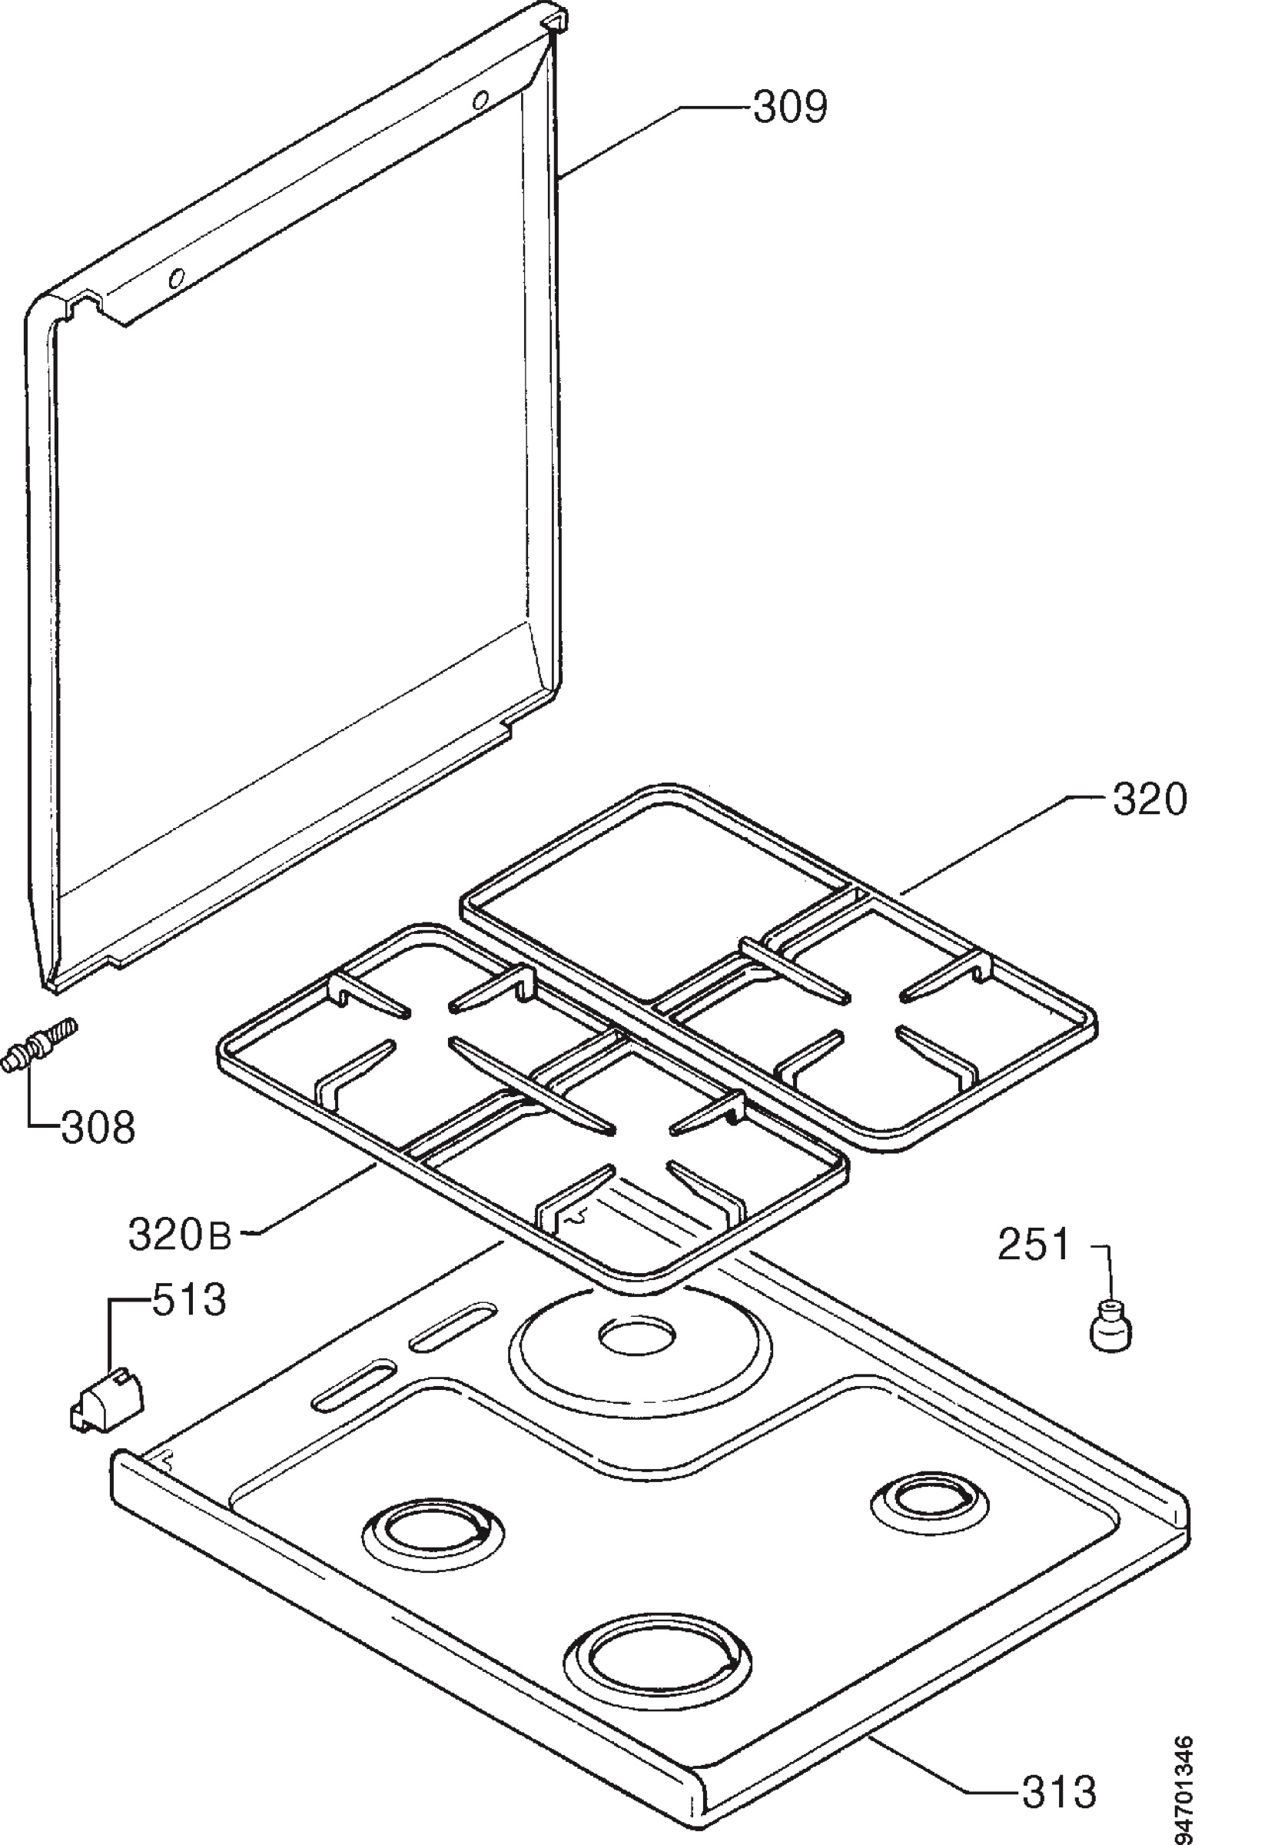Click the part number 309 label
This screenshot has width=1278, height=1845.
pyautogui.click(x=789, y=108)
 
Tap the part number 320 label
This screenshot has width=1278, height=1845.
pyautogui.click(x=1149, y=800)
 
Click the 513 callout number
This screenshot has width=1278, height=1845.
pyautogui.click(x=190, y=1301)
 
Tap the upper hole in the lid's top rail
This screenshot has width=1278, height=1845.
pyautogui.click(x=481, y=100)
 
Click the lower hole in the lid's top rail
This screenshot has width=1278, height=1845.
pyautogui.click(x=176, y=278)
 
